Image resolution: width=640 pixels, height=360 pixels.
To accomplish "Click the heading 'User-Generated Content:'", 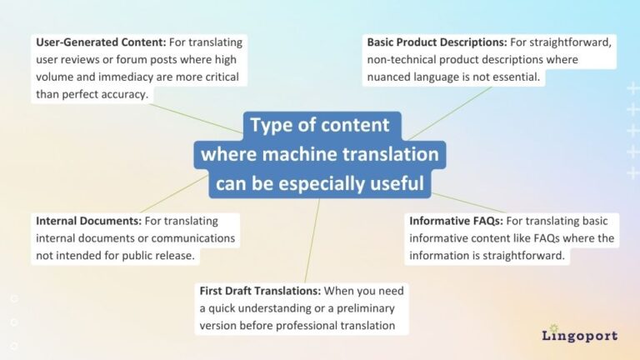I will coord(100,42).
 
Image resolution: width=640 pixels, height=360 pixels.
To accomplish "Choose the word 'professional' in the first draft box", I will coord(293,326).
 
